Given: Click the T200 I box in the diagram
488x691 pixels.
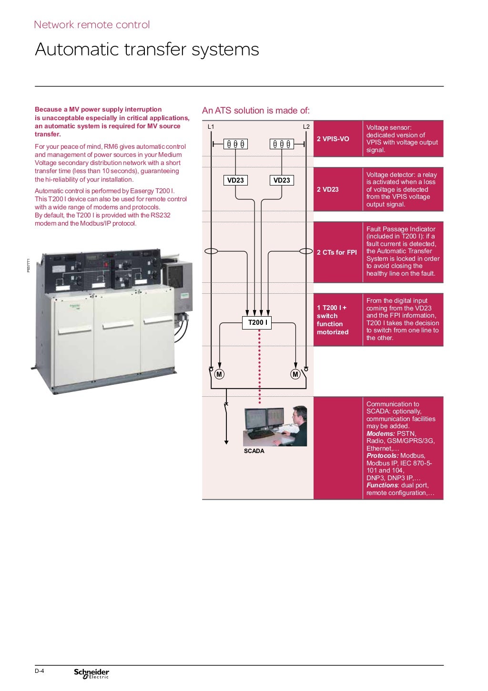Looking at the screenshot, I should [x=257, y=322].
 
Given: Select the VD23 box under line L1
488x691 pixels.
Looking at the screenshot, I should [x=235, y=180].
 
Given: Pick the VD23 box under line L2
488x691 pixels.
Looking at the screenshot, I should [x=282, y=180].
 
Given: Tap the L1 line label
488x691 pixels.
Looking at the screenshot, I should [x=211, y=127].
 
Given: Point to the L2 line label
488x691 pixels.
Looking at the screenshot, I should [x=306, y=127].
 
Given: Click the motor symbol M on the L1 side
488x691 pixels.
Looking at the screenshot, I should [x=219, y=374].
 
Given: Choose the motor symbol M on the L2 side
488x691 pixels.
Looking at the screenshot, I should [x=295, y=374].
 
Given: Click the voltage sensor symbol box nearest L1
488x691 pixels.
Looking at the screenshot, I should [x=235, y=144].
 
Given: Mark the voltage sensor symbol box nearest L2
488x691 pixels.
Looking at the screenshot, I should [x=282, y=144].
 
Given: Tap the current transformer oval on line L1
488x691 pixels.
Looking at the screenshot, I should [x=211, y=251].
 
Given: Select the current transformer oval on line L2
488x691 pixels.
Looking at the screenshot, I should [x=306, y=251].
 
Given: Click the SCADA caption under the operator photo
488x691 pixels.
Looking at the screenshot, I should [x=254, y=451].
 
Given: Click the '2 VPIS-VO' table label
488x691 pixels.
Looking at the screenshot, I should [x=333, y=139].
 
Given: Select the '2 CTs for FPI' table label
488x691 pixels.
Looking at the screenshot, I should [x=336, y=252].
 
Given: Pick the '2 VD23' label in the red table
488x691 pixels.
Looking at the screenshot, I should [x=327, y=189].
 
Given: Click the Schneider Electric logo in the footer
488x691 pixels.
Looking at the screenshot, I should [x=91, y=673].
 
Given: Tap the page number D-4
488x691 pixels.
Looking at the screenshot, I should [x=39, y=671].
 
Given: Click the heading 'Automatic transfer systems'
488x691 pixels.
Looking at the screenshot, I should [x=147, y=50].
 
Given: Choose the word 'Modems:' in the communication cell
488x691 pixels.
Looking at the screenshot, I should [x=380, y=433].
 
